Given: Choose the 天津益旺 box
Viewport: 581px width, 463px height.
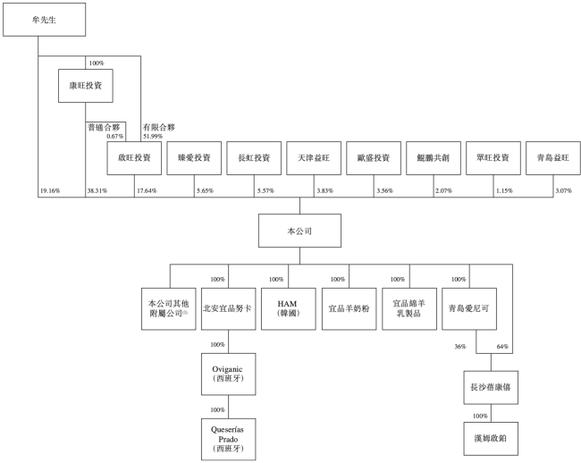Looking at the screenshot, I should pyautogui.click(x=314, y=158).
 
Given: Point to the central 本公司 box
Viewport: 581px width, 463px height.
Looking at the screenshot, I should pyautogui.click(x=287, y=230).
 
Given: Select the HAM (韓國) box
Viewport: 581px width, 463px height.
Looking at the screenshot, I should pyautogui.click(x=289, y=308).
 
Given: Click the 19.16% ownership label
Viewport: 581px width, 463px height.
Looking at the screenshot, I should pyautogui.click(x=50, y=190).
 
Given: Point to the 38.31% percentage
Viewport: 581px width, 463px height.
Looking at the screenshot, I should pyautogui.click(x=97, y=190).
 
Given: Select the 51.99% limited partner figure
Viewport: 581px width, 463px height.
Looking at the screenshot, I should pyautogui.click(x=153, y=135).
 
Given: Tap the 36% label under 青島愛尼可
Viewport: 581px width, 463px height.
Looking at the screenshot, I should pyautogui.click(x=461, y=347).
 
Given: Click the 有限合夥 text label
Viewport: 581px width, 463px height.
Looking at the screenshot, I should pyautogui.click(x=159, y=126).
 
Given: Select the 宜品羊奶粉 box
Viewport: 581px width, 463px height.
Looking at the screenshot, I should pyautogui.click(x=349, y=308).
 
